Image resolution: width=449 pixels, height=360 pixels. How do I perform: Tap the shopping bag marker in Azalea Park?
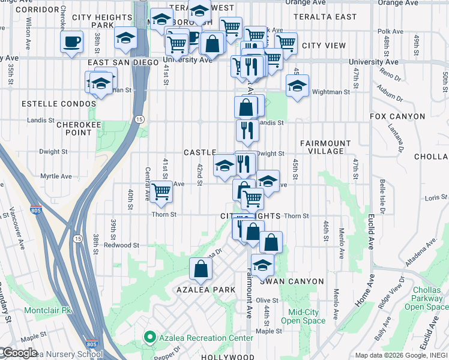(x=200, y=269)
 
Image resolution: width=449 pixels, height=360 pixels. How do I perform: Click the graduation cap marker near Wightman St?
(x=297, y=86)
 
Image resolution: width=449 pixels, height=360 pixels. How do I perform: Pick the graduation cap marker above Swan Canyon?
(x=262, y=265)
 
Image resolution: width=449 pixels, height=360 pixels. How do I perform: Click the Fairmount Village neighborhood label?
(x=325, y=147)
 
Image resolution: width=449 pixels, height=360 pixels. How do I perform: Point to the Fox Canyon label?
(x=397, y=116)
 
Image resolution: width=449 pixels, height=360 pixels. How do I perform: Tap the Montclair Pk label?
(x=48, y=311)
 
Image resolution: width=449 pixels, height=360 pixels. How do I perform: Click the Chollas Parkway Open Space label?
(x=426, y=301)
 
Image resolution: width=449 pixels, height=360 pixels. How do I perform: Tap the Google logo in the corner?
(x=19, y=353)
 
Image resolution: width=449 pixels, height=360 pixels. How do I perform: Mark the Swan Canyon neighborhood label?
(x=291, y=281)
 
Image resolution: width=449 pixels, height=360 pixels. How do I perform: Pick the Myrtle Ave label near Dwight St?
(x=56, y=176)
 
